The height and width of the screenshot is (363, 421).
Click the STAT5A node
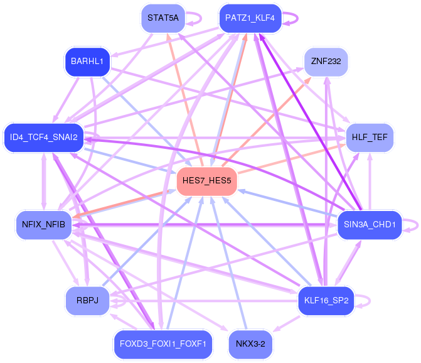[x=163, y=18]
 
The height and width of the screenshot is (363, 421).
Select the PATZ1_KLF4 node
[x=250, y=18]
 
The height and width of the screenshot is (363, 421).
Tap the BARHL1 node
[x=87, y=62]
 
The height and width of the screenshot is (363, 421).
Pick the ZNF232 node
[x=326, y=62]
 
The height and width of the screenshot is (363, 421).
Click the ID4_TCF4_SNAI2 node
[x=43, y=138]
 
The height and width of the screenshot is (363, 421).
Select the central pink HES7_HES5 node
[x=206, y=181]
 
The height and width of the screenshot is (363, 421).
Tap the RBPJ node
[x=87, y=301]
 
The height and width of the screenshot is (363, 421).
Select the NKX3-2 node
[x=251, y=344]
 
